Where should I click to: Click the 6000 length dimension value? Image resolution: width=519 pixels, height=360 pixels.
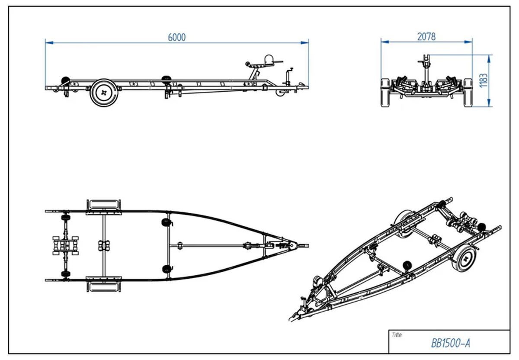(x=176, y=37)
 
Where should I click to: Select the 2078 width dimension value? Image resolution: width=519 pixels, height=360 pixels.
(x=426, y=37)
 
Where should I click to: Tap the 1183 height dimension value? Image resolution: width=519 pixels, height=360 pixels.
(x=484, y=80)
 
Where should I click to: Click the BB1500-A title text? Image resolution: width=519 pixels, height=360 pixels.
(x=450, y=343)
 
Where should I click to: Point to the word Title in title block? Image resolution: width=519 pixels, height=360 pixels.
(x=397, y=335)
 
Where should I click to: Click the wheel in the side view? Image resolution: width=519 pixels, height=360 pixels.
(x=104, y=92)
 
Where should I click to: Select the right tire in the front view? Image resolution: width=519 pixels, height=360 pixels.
(x=468, y=92)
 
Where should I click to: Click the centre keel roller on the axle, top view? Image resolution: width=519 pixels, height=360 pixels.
(x=104, y=245)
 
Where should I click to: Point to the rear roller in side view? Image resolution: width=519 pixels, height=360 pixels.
(x=65, y=80)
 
